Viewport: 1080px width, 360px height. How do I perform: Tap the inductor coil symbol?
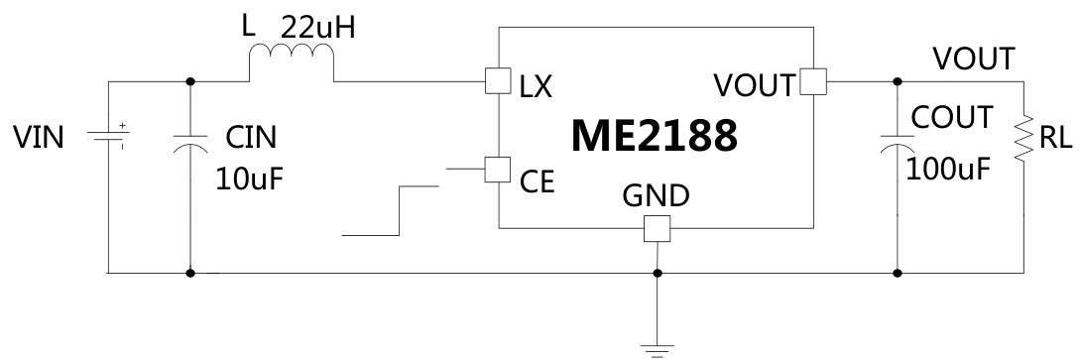pyautogui.click(x=293, y=66)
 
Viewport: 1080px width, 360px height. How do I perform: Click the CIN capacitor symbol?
pyautogui.click(x=190, y=140)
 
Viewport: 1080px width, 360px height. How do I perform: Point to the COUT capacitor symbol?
pyautogui.click(x=899, y=140)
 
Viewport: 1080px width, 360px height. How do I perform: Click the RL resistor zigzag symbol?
pyautogui.click(x=1023, y=140)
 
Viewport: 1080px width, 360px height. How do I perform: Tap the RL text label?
pyautogui.click(x=1054, y=140)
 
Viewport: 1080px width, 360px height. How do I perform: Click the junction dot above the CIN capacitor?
pyautogui.click(x=190, y=82)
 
